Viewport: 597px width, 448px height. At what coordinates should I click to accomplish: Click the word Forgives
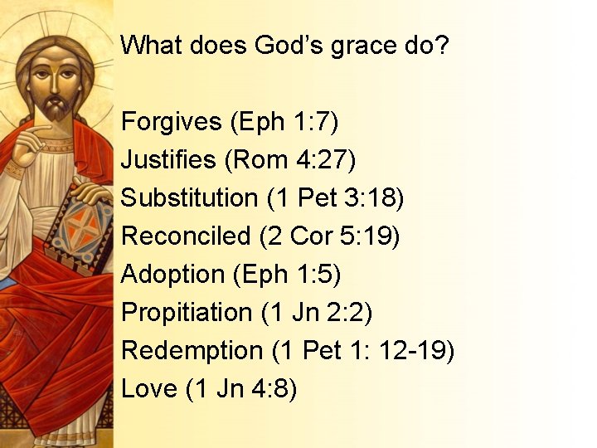[172, 122]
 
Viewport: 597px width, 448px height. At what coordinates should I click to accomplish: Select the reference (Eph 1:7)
[285, 122]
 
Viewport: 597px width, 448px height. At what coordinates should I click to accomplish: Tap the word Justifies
[168, 160]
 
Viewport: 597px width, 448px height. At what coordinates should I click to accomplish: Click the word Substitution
[190, 198]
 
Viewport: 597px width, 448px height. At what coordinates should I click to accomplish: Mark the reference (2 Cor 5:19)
[330, 236]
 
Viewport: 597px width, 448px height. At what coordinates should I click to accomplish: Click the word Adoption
[172, 275]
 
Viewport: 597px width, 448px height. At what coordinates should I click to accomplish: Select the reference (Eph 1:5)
[287, 275]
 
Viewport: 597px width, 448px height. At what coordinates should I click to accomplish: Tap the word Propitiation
[187, 313]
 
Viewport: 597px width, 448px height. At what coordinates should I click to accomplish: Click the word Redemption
[192, 351]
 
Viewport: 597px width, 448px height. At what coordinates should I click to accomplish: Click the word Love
[149, 388]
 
